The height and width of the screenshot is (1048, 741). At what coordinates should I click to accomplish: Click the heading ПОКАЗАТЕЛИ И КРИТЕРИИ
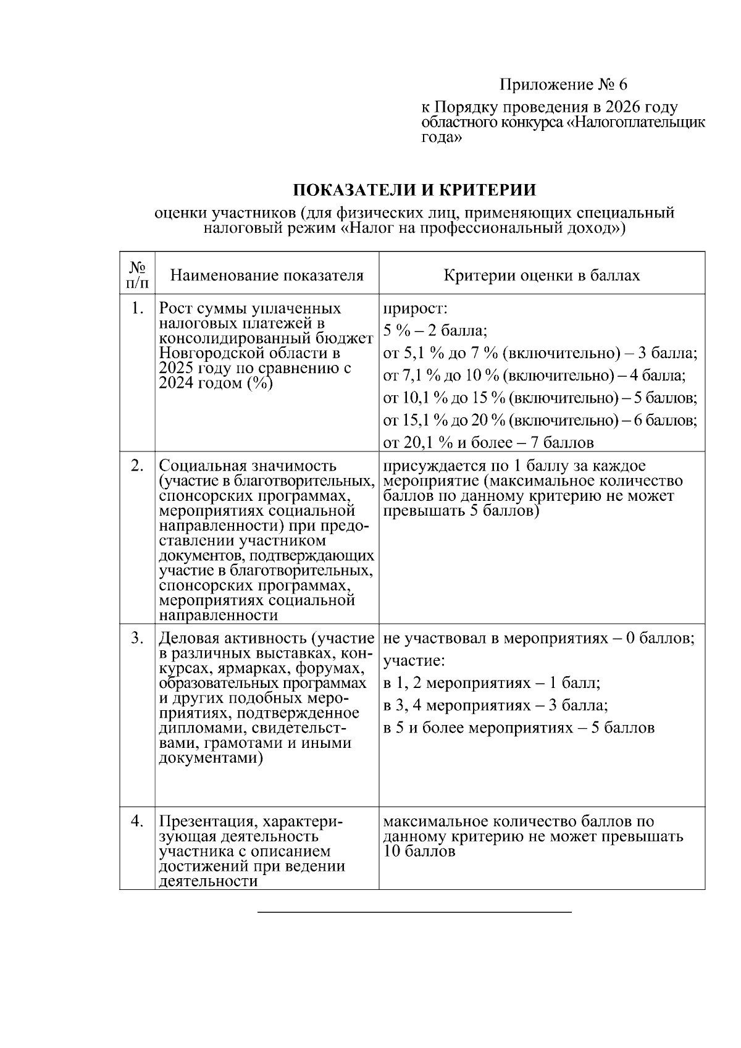(x=414, y=190)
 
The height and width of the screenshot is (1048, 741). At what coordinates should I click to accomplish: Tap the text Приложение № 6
(x=563, y=84)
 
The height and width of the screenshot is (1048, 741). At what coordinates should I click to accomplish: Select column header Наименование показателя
(x=267, y=275)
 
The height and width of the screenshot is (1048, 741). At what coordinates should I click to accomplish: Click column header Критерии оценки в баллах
(x=542, y=275)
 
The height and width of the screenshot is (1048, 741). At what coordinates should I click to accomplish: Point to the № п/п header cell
(x=137, y=275)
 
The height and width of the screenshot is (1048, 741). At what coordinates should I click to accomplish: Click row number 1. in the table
(x=138, y=308)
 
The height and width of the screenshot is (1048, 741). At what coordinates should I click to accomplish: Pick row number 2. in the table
(x=138, y=466)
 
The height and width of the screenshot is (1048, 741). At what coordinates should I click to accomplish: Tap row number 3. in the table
(x=138, y=638)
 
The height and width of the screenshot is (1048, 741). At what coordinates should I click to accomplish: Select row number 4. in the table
(x=138, y=822)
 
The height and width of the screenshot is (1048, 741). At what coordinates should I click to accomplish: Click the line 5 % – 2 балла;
(x=435, y=331)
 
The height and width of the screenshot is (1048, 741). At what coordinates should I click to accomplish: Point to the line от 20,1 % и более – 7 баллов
(x=488, y=442)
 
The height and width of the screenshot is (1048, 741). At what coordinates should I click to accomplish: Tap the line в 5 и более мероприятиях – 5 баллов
(x=519, y=727)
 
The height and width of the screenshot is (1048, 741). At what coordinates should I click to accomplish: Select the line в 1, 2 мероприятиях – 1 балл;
(x=492, y=683)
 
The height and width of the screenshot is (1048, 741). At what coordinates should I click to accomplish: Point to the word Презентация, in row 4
(x=207, y=822)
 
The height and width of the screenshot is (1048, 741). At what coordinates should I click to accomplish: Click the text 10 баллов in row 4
(x=419, y=852)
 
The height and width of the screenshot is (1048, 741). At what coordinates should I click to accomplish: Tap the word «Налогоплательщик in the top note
(x=636, y=123)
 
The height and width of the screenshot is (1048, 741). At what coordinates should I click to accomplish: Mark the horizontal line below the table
(x=414, y=912)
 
